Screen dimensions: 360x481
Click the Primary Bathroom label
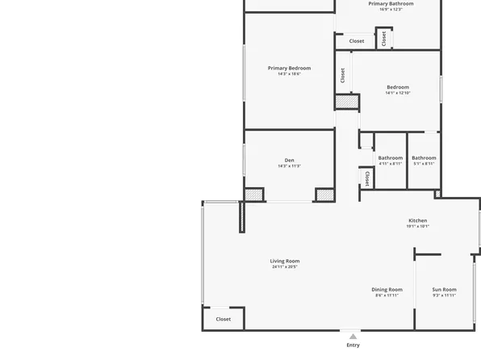point(391,4)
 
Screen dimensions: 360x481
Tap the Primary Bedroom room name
point(289,69)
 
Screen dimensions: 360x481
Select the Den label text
point(289,160)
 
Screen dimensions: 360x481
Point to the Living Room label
point(285,261)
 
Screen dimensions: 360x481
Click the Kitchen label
point(417,220)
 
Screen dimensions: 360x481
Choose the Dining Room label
point(387,289)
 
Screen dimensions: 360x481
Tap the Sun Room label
point(444,289)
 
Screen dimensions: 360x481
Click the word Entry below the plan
point(353,345)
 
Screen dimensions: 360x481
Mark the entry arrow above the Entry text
point(353,336)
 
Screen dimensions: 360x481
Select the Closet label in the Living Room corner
point(224,319)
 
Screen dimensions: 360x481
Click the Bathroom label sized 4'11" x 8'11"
point(391,157)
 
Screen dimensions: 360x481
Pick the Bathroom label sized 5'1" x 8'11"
point(424,157)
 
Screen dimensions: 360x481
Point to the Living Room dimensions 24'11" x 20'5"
point(285,267)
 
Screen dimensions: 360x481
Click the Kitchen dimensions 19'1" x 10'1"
point(417,227)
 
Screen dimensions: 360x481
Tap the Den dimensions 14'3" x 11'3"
point(289,166)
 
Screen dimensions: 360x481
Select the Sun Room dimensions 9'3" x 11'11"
point(444,295)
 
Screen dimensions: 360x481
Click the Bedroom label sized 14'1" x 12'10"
point(398,87)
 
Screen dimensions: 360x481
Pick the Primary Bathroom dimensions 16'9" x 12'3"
point(391,10)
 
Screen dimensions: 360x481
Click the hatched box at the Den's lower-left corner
point(253,195)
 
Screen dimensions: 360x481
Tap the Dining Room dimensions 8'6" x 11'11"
point(387,295)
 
